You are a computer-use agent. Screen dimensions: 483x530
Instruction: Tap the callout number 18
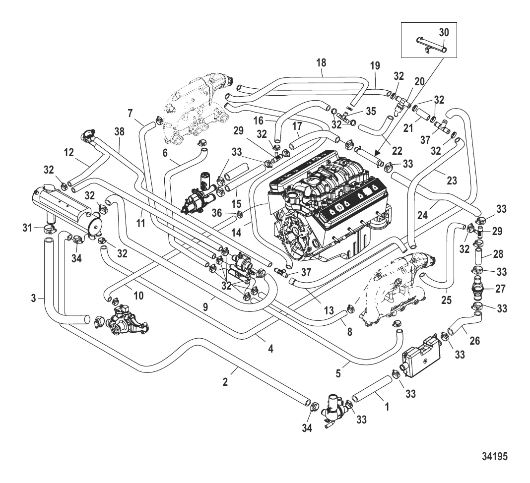click(x=321, y=63)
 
